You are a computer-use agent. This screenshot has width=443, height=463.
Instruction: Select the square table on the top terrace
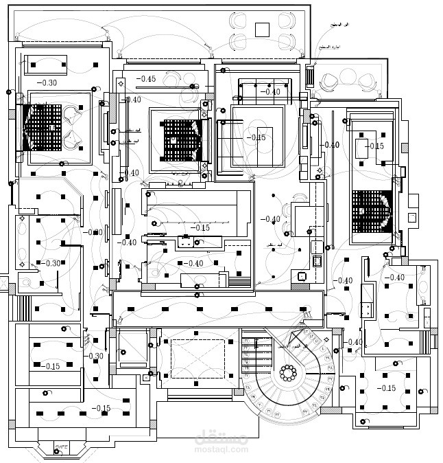tap(262, 29)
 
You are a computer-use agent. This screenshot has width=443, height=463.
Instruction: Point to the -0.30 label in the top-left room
tap(47, 83)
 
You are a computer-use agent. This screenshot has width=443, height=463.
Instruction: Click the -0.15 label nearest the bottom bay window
tap(101, 409)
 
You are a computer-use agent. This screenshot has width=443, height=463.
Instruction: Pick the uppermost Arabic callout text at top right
tap(335, 25)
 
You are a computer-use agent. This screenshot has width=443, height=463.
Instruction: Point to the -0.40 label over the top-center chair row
tap(270, 91)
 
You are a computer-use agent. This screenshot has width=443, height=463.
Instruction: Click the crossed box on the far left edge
tap(3, 283)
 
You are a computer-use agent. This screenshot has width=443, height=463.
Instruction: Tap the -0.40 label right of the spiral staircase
tap(354, 342)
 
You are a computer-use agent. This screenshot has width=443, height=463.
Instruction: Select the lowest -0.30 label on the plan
tap(95, 356)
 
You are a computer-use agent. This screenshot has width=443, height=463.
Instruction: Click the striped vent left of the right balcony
tap(310, 75)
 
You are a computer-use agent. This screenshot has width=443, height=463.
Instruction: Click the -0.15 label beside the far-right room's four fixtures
tap(374, 146)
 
